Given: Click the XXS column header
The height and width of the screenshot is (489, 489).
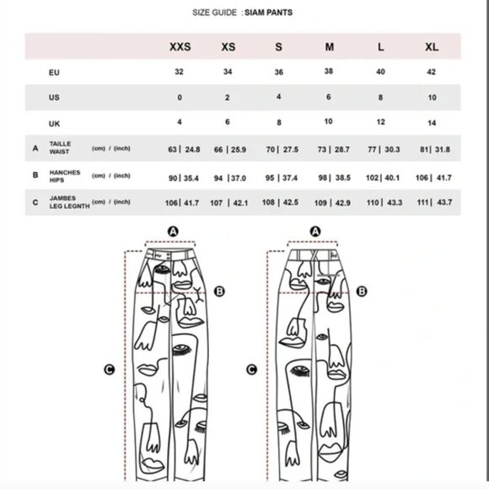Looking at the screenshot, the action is tap(180, 46).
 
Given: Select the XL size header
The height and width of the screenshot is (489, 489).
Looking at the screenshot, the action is tap(432, 46).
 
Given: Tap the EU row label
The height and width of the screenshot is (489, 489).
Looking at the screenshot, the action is tap(54, 73).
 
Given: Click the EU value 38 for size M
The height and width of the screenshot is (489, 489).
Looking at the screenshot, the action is tap(329, 71).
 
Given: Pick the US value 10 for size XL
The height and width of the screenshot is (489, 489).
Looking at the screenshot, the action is tap(432, 97).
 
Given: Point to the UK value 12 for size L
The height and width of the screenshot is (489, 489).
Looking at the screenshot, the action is tap(380, 121).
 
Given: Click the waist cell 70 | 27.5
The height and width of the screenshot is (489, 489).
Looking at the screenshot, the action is tap(282, 149).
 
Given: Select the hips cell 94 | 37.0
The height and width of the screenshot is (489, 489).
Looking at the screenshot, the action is tap(230, 178).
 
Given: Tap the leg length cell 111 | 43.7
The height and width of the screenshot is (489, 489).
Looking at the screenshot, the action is tap(434, 202).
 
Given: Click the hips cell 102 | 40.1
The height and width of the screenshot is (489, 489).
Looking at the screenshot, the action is tap(383, 178).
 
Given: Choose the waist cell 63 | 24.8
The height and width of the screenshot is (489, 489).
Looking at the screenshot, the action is tap(184, 149).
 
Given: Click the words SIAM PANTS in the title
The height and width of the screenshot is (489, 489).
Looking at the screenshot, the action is tap(268, 13).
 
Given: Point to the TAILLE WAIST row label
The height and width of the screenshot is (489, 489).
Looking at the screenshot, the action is tap(60, 148).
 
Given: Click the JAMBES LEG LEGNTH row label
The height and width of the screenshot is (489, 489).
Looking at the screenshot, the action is tap(69, 202).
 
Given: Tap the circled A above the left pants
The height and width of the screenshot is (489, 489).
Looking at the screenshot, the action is tap(173, 231).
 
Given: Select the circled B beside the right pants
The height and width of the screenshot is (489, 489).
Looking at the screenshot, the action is tap(362, 291).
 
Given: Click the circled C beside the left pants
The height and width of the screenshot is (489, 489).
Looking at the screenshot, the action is tap(109, 369).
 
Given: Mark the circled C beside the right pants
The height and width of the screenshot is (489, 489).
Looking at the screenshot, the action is tap(252, 369).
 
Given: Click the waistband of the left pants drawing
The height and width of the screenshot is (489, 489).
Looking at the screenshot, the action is tap(170, 254).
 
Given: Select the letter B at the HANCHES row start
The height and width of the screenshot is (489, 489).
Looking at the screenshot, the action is tap(35, 175).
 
